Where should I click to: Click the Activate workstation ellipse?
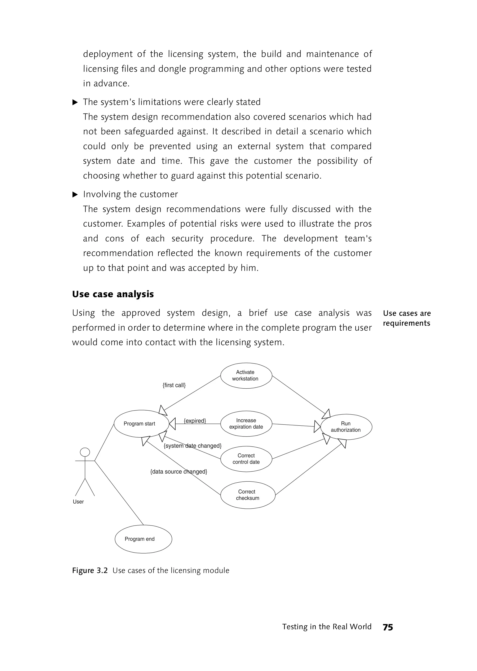[246, 376]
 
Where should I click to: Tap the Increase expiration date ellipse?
[246, 424]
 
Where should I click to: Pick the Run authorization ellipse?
[346, 427]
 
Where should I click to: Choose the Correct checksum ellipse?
[248, 495]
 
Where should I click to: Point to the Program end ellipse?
[143, 539]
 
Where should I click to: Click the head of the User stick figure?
[85, 452]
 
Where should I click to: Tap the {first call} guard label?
[174, 385]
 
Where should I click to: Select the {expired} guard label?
[195, 421]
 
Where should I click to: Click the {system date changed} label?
[192, 446]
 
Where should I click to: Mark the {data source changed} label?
[179, 472]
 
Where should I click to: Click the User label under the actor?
[78, 502]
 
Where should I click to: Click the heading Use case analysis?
[113, 294]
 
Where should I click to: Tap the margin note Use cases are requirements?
[406, 318]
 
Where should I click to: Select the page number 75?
[388, 627]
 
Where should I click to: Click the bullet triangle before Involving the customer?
[75, 194]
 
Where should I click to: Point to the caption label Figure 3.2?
[90, 571]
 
